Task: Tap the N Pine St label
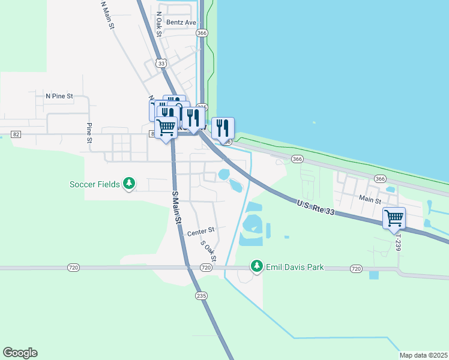click(x=59, y=95)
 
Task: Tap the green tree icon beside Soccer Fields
click(x=128, y=183)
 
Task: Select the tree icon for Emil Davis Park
click(x=257, y=265)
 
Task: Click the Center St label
click(x=200, y=231)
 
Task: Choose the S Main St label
click(x=176, y=207)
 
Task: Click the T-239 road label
click(x=397, y=238)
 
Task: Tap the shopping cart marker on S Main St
click(x=166, y=127)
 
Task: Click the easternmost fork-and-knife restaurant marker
click(x=223, y=127)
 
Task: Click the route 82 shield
click(x=16, y=134)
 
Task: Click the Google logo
click(x=20, y=353)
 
